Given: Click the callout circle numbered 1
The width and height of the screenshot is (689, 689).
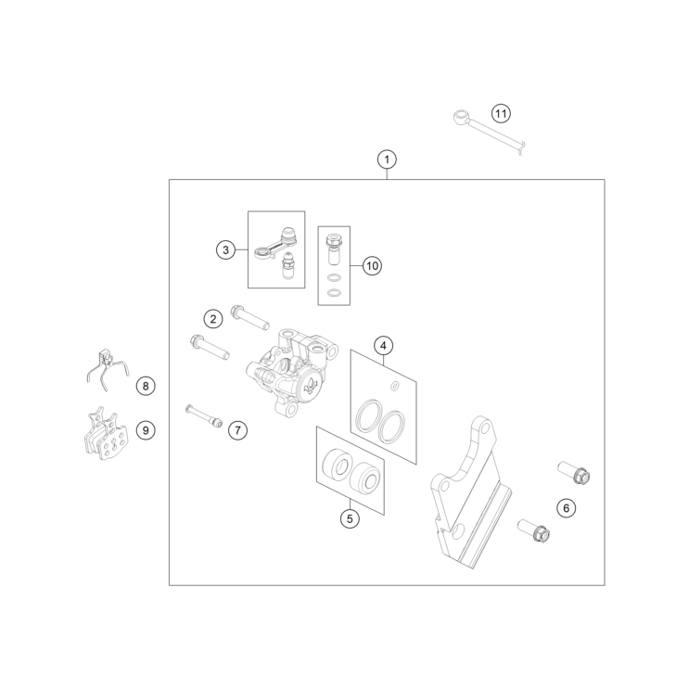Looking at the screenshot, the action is tap(387, 159).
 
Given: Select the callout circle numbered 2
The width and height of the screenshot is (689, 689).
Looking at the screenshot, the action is tap(213, 319).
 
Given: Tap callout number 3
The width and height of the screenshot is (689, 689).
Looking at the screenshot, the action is tap(225, 250).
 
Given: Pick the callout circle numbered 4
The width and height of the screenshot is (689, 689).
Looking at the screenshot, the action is tap(383, 346).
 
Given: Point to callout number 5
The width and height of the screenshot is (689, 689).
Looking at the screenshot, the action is tap(350, 519).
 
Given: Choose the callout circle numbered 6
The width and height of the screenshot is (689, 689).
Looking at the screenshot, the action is tap(566, 508).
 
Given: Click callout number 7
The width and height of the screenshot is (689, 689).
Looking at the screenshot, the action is tap(237, 430).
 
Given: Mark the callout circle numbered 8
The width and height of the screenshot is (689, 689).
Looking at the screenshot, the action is tap(146, 387).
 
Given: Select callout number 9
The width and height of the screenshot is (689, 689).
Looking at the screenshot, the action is tap(146, 430).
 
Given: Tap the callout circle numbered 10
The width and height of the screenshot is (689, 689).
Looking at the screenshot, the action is tap(372, 266).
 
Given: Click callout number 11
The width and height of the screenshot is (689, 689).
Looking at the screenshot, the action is tap(501, 114).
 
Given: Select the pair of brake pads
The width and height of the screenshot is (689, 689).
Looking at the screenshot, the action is tap(106, 433).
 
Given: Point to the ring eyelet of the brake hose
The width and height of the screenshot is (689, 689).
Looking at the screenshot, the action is tap(462, 117).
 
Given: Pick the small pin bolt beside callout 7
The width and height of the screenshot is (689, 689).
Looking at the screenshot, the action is tap(204, 415).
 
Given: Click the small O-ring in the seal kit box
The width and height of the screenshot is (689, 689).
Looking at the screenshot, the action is tap(395, 386).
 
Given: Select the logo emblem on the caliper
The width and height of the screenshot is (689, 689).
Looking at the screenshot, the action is tap(311, 386).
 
